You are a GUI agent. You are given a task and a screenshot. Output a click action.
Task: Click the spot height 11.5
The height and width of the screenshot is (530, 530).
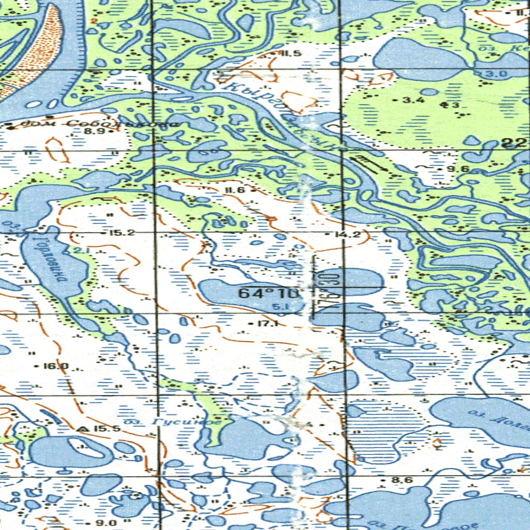(x=291, y=53)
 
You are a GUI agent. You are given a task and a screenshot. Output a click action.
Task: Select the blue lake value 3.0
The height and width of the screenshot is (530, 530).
(x=496, y=74)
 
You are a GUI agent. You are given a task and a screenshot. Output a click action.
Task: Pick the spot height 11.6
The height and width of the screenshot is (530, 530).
(x=234, y=190)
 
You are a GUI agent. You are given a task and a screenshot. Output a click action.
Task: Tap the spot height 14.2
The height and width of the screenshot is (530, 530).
(x=348, y=234)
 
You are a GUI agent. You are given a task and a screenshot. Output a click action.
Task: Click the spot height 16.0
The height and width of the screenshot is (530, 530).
(x=56, y=366)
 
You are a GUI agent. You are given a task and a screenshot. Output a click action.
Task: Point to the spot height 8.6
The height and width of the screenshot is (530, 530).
(x=402, y=480)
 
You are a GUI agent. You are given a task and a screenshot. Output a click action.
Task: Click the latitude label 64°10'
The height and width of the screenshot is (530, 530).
(x=269, y=293)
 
